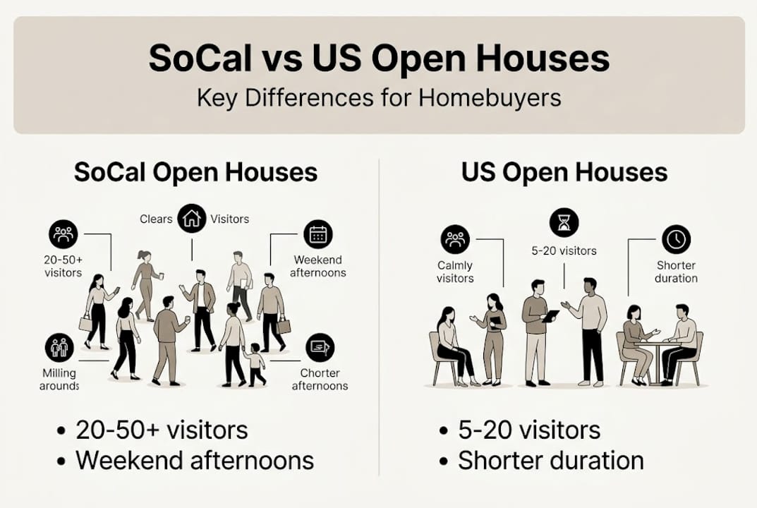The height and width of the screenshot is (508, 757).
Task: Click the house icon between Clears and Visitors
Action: [192, 218]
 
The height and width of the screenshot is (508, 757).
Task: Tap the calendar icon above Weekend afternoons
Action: [317, 234]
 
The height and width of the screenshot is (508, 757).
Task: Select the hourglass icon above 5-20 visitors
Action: [564, 223]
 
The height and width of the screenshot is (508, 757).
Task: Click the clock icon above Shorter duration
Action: [676, 239]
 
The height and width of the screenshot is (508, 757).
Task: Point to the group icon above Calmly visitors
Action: [455, 239]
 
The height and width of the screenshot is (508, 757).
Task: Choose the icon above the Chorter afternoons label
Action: [320, 348]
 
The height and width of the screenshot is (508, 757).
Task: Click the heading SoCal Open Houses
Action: [195, 172]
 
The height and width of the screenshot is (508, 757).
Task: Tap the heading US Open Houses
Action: [564, 172]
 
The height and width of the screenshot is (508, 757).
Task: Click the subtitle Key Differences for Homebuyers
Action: [379, 98]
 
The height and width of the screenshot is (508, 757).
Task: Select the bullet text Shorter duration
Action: [551, 460]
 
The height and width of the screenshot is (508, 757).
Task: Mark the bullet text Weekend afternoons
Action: [195, 460]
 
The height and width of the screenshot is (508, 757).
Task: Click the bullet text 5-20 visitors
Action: [529, 430]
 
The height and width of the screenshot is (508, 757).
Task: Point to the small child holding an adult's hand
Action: [255, 365]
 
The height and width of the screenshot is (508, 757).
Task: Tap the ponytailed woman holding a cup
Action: [145, 285]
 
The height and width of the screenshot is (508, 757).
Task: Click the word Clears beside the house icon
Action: [156, 219]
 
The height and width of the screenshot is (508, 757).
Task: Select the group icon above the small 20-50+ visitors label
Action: [63, 234]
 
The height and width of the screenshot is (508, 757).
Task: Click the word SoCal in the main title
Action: [200, 59]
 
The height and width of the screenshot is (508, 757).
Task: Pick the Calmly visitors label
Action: [455, 272]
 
